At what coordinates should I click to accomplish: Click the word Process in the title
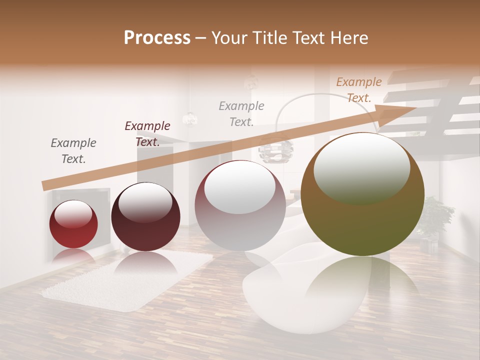pos(157,38)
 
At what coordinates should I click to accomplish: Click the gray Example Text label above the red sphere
pos(73,150)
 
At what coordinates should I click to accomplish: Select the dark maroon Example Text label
pos(147,133)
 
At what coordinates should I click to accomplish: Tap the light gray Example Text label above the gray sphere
pos(241,113)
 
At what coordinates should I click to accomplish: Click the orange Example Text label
pos(359,89)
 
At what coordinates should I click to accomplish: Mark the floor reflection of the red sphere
pos(73,256)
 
